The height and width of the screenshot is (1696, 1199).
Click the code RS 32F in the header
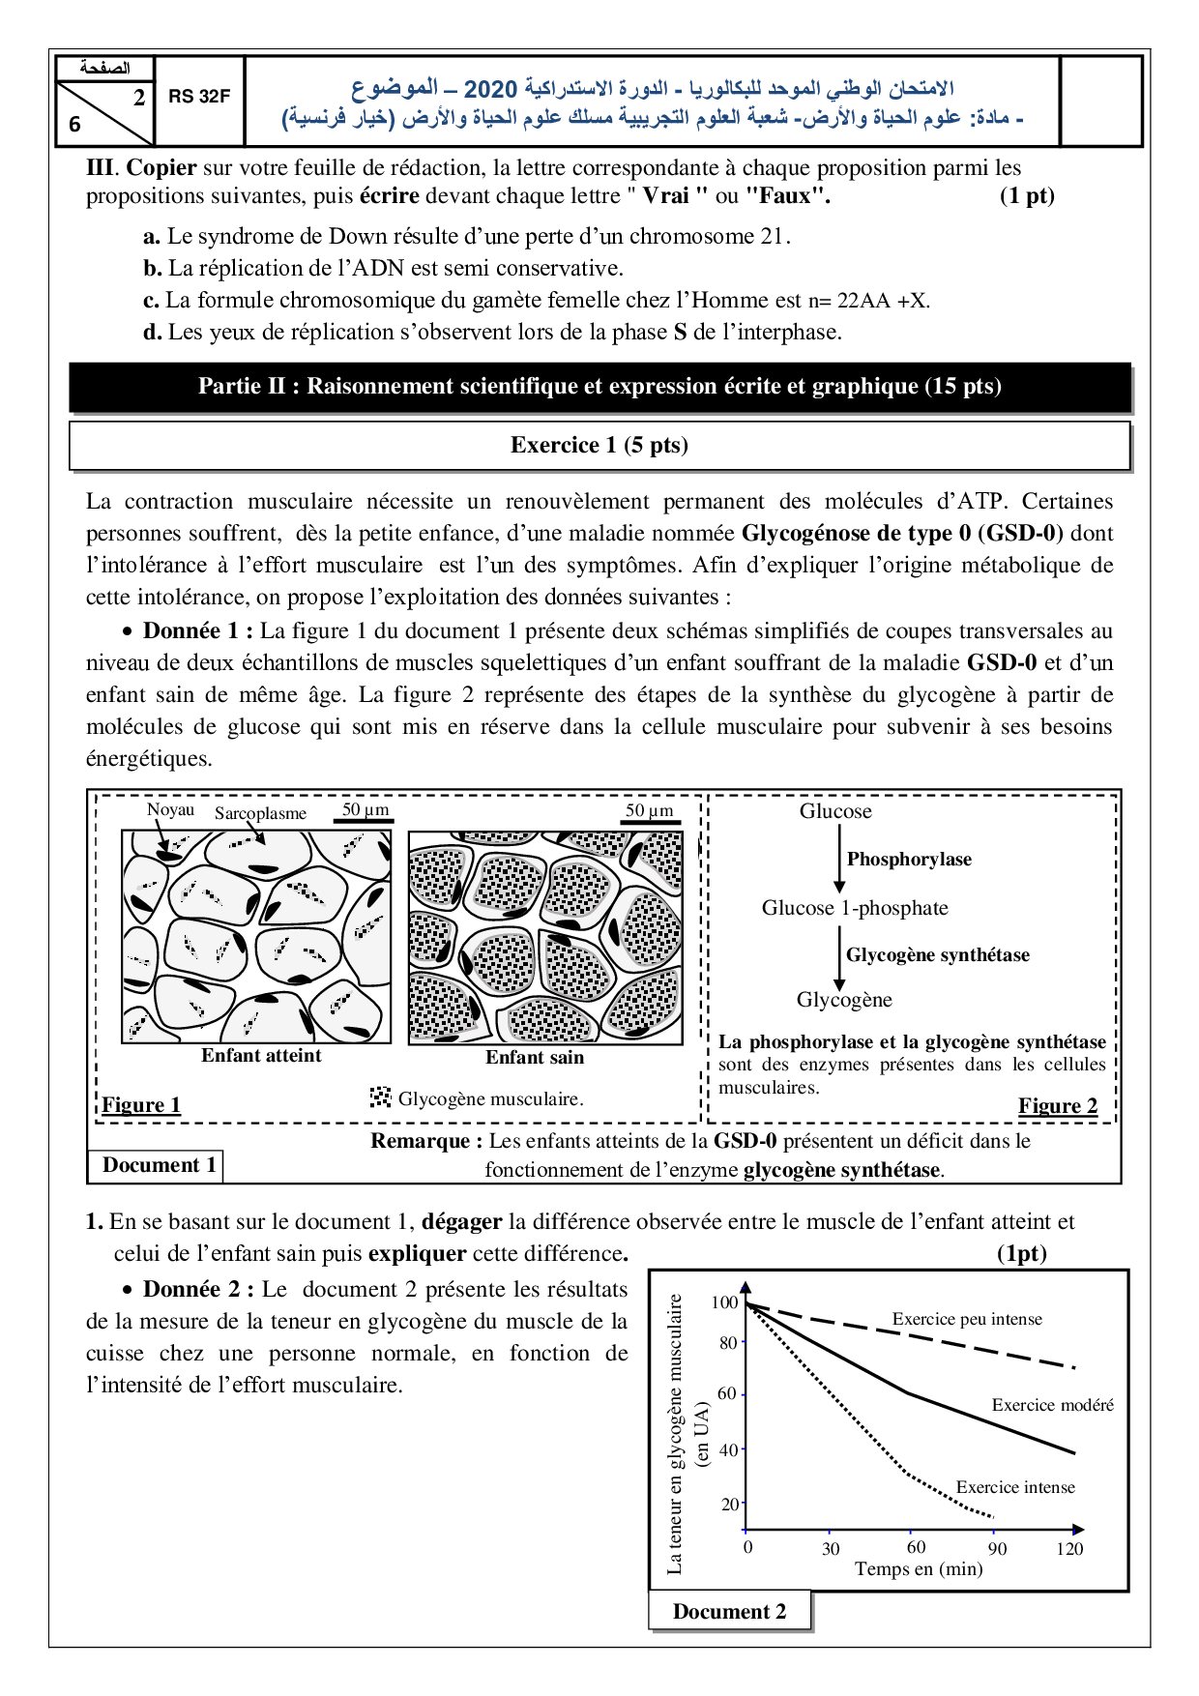click(199, 97)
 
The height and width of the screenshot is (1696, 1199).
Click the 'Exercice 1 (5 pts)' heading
click(599, 445)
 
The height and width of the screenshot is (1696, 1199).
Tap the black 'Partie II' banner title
click(599, 387)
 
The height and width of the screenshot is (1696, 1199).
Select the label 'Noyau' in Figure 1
click(170, 810)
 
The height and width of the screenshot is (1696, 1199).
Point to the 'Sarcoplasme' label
click(260, 814)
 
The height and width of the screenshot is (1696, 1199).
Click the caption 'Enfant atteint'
click(261, 1056)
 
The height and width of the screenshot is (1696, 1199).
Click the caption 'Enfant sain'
click(535, 1058)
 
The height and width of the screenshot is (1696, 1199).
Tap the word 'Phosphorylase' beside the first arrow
click(909, 860)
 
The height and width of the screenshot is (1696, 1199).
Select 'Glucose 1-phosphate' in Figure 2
click(855, 908)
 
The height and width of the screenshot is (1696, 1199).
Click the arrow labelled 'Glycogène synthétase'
click(839, 955)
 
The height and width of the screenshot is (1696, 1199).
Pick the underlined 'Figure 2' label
click(1058, 1106)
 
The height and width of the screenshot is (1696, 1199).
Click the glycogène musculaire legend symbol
click(380, 1097)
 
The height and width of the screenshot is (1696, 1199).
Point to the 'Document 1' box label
click(159, 1165)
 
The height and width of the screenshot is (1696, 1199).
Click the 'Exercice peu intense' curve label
click(967, 1319)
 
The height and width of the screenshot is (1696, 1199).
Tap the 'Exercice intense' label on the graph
click(1015, 1487)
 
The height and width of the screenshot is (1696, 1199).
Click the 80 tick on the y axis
click(728, 1343)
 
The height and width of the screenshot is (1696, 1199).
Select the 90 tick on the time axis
click(997, 1548)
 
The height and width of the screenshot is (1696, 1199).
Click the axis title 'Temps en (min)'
click(919, 1568)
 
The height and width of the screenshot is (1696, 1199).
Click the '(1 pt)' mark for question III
click(1027, 196)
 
